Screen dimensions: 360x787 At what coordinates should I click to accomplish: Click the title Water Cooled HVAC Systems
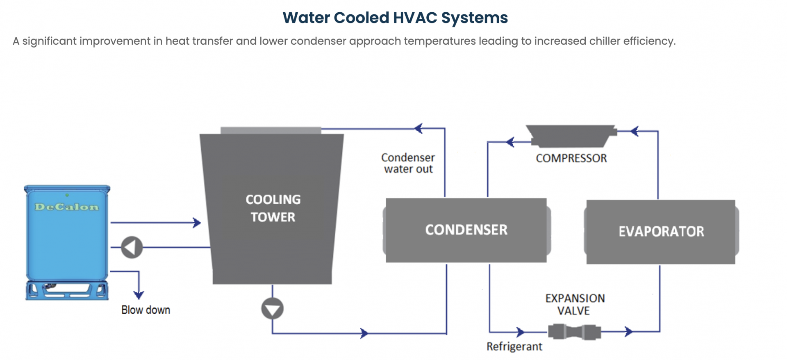tap(395, 18)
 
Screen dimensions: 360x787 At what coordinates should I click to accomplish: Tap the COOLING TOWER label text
tap(273, 208)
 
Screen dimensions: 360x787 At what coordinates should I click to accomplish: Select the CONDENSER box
tap(466, 230)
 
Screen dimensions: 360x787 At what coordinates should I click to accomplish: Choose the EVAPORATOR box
tap(661, 232)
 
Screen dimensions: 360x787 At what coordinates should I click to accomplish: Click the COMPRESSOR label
tap(571, 158)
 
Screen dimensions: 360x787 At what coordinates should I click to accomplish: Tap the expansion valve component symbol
tap(574, 332)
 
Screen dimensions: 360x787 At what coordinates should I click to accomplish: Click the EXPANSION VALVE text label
tap(575, 304)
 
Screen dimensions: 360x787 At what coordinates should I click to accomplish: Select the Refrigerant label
tap(514, 347)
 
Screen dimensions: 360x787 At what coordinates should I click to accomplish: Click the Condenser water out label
tap(408, 163)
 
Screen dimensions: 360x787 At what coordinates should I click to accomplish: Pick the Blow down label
tap(146, 310)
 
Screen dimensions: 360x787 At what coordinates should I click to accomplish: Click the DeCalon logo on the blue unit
tap(67, 207)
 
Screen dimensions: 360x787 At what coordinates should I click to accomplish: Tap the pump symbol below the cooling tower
tap(272, 309)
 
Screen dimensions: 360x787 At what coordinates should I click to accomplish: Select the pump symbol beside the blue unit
tap(132, 247)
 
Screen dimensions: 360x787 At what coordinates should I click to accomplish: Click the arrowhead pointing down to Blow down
tap(139, 294)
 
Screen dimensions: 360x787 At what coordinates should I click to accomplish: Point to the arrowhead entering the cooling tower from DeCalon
tap(197, 223)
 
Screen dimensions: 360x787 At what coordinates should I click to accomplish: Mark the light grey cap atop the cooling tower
tap(271, 130)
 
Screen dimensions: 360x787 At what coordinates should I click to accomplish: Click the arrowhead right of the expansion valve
tap(628, 331)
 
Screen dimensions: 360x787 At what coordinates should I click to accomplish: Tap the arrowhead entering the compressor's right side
tap(634, 131)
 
